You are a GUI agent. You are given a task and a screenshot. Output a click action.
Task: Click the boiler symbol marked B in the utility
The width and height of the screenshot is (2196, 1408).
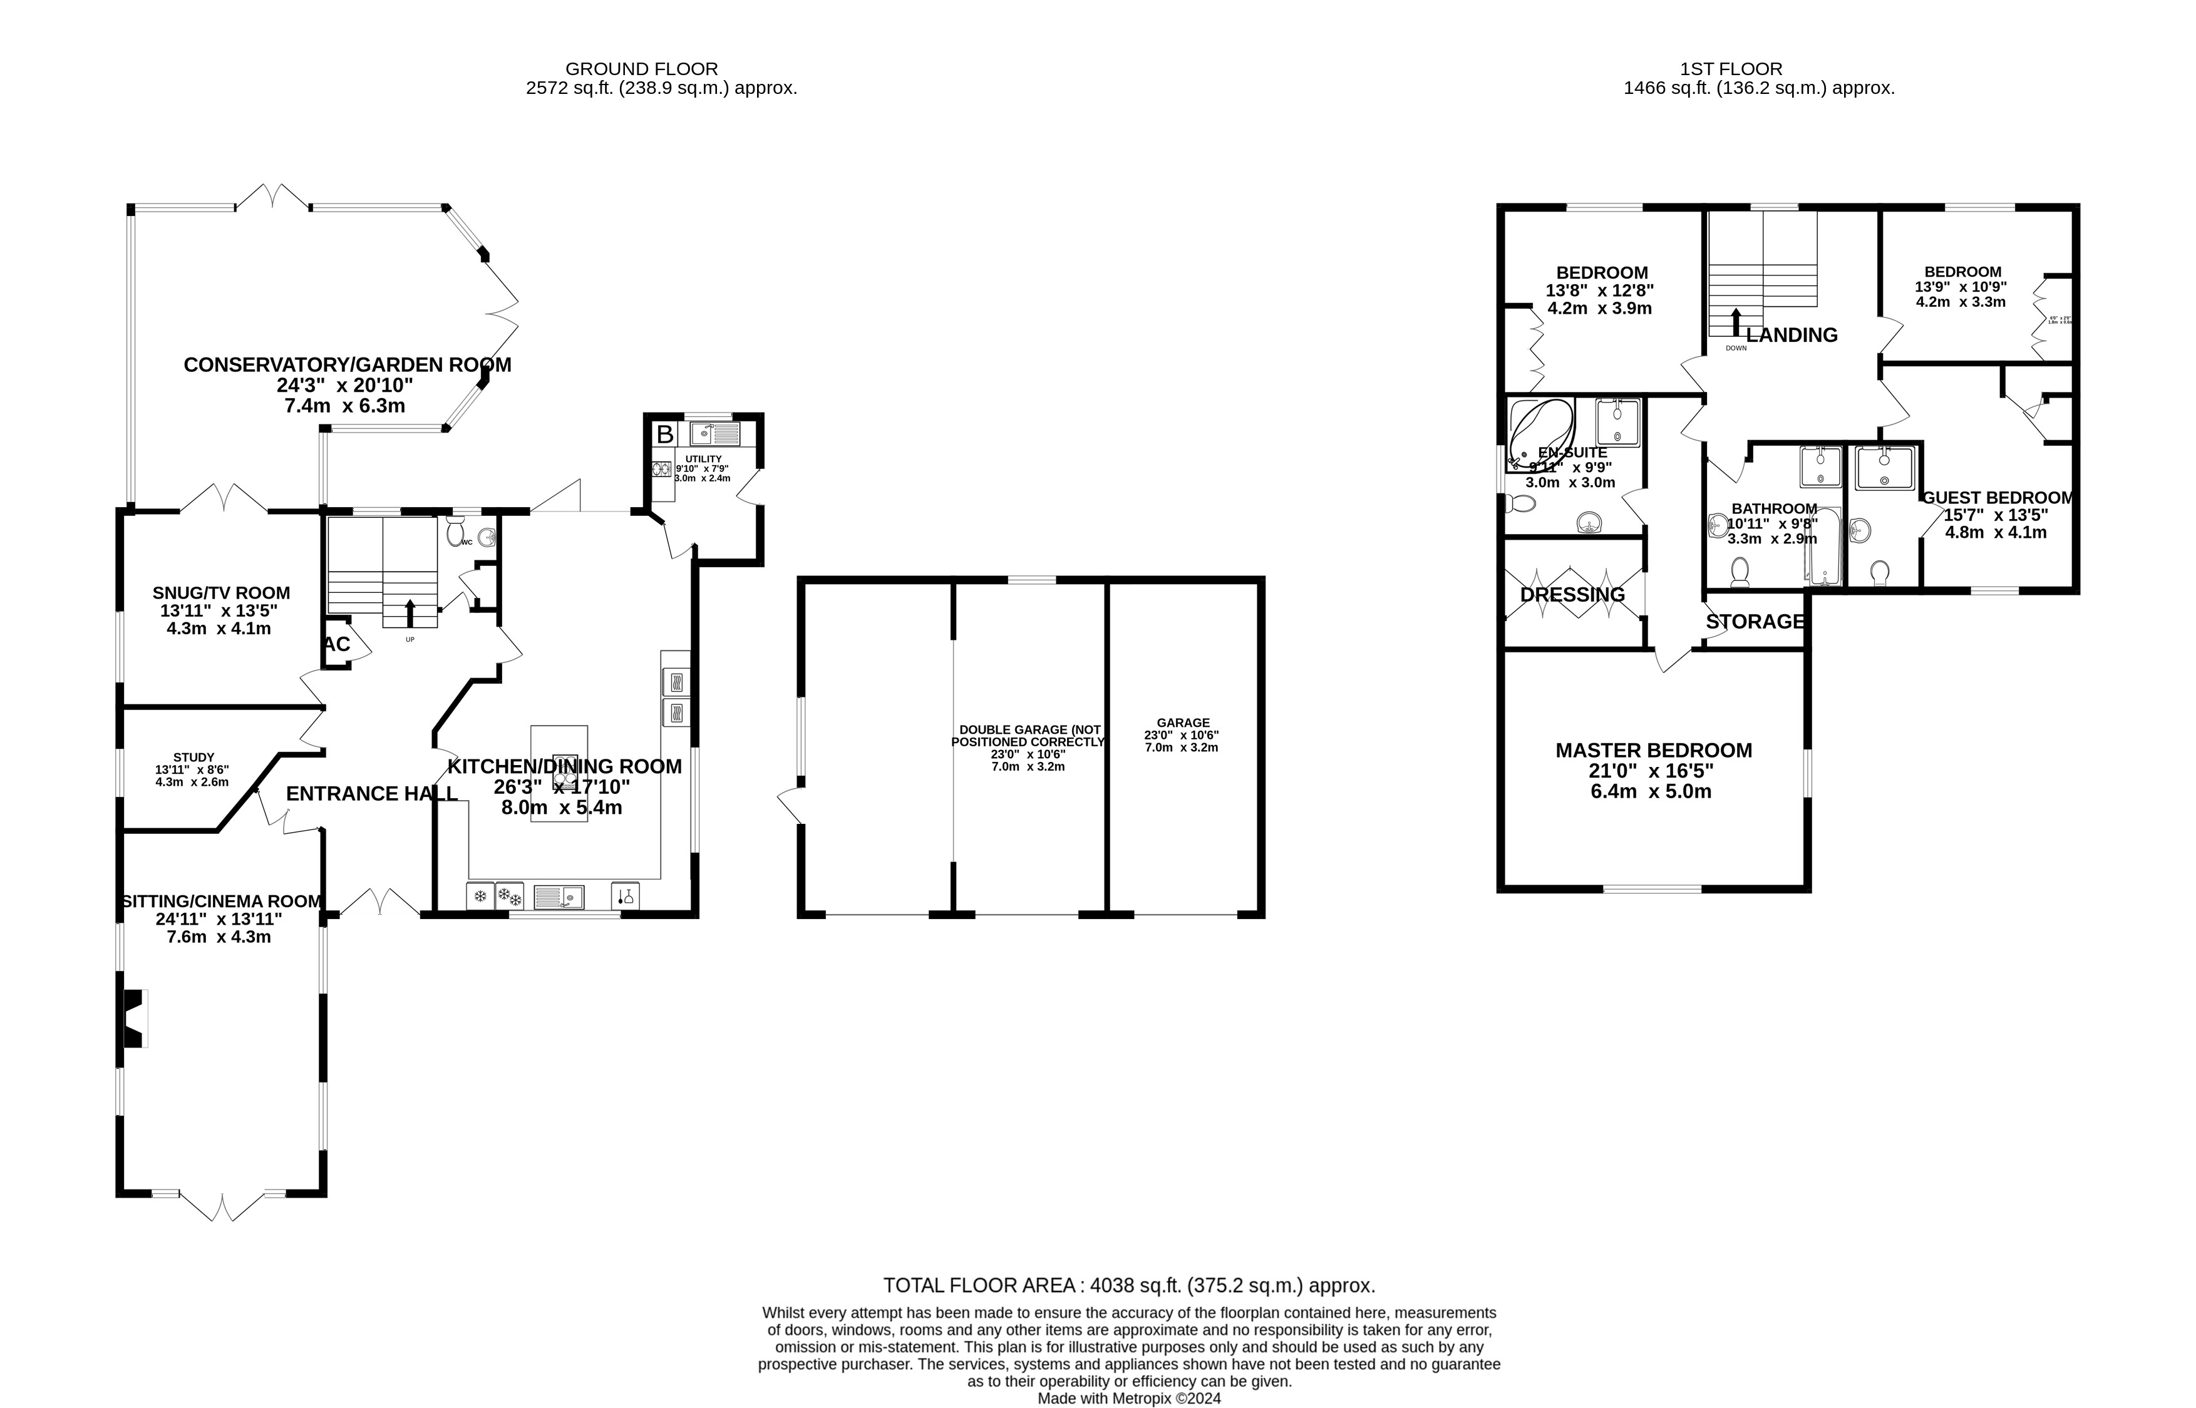[664, 433]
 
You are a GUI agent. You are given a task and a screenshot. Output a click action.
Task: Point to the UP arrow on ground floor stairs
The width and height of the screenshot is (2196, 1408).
[410, 612]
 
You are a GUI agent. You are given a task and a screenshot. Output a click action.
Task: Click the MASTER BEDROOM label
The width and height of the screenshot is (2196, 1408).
[1653, 751]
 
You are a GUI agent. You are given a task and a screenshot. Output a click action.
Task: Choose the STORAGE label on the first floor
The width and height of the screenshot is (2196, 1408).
[1755, 622]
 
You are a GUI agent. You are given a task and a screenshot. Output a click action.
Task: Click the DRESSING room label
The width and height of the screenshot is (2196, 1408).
[1572, 594]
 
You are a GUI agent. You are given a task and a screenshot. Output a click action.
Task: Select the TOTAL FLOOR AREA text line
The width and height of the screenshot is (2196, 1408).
[1128, 1285]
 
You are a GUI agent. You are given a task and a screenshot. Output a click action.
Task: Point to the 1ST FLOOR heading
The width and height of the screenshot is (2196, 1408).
[1731, 69]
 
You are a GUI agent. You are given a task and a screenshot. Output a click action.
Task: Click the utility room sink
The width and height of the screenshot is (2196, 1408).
[714, 433]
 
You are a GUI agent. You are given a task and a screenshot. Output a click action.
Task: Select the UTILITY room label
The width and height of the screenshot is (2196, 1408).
[703, 459]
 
